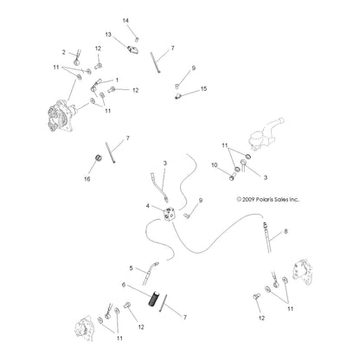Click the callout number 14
125,21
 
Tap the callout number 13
108,35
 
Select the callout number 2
63,52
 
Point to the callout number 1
117,80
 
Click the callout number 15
203,88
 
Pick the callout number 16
87,179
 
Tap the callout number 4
148,206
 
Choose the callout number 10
215,165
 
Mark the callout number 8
286,231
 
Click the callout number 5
131,268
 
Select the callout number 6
124,285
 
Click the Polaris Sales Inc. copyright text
268,199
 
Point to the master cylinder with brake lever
265,134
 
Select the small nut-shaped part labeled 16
99,157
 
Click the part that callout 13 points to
133,48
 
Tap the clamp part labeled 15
177,96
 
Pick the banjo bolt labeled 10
233,177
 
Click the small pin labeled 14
137,39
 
